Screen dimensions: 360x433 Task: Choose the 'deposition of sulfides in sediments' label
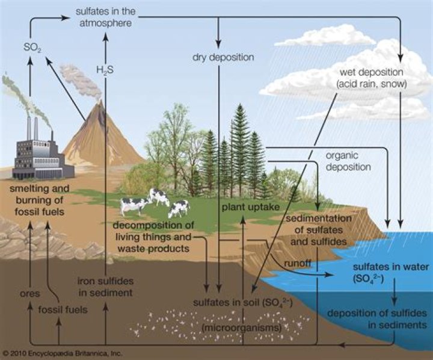pos(377,318)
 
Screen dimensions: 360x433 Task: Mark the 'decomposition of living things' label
pos(161,237)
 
